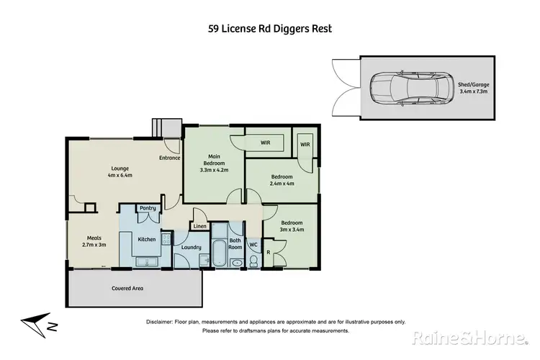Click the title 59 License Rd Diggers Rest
pos(270,29)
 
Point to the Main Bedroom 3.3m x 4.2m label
pos(214,163)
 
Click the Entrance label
pos(169,158)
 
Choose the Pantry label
pos(148,208)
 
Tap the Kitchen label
pos(147,239)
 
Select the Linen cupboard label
pos(199,227)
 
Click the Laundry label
pos(191,248)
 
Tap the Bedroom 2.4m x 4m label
pos(282,180)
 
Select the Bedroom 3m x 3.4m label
pos(292,227)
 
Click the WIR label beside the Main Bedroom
pos(265,143)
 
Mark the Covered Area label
pos(127,288)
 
